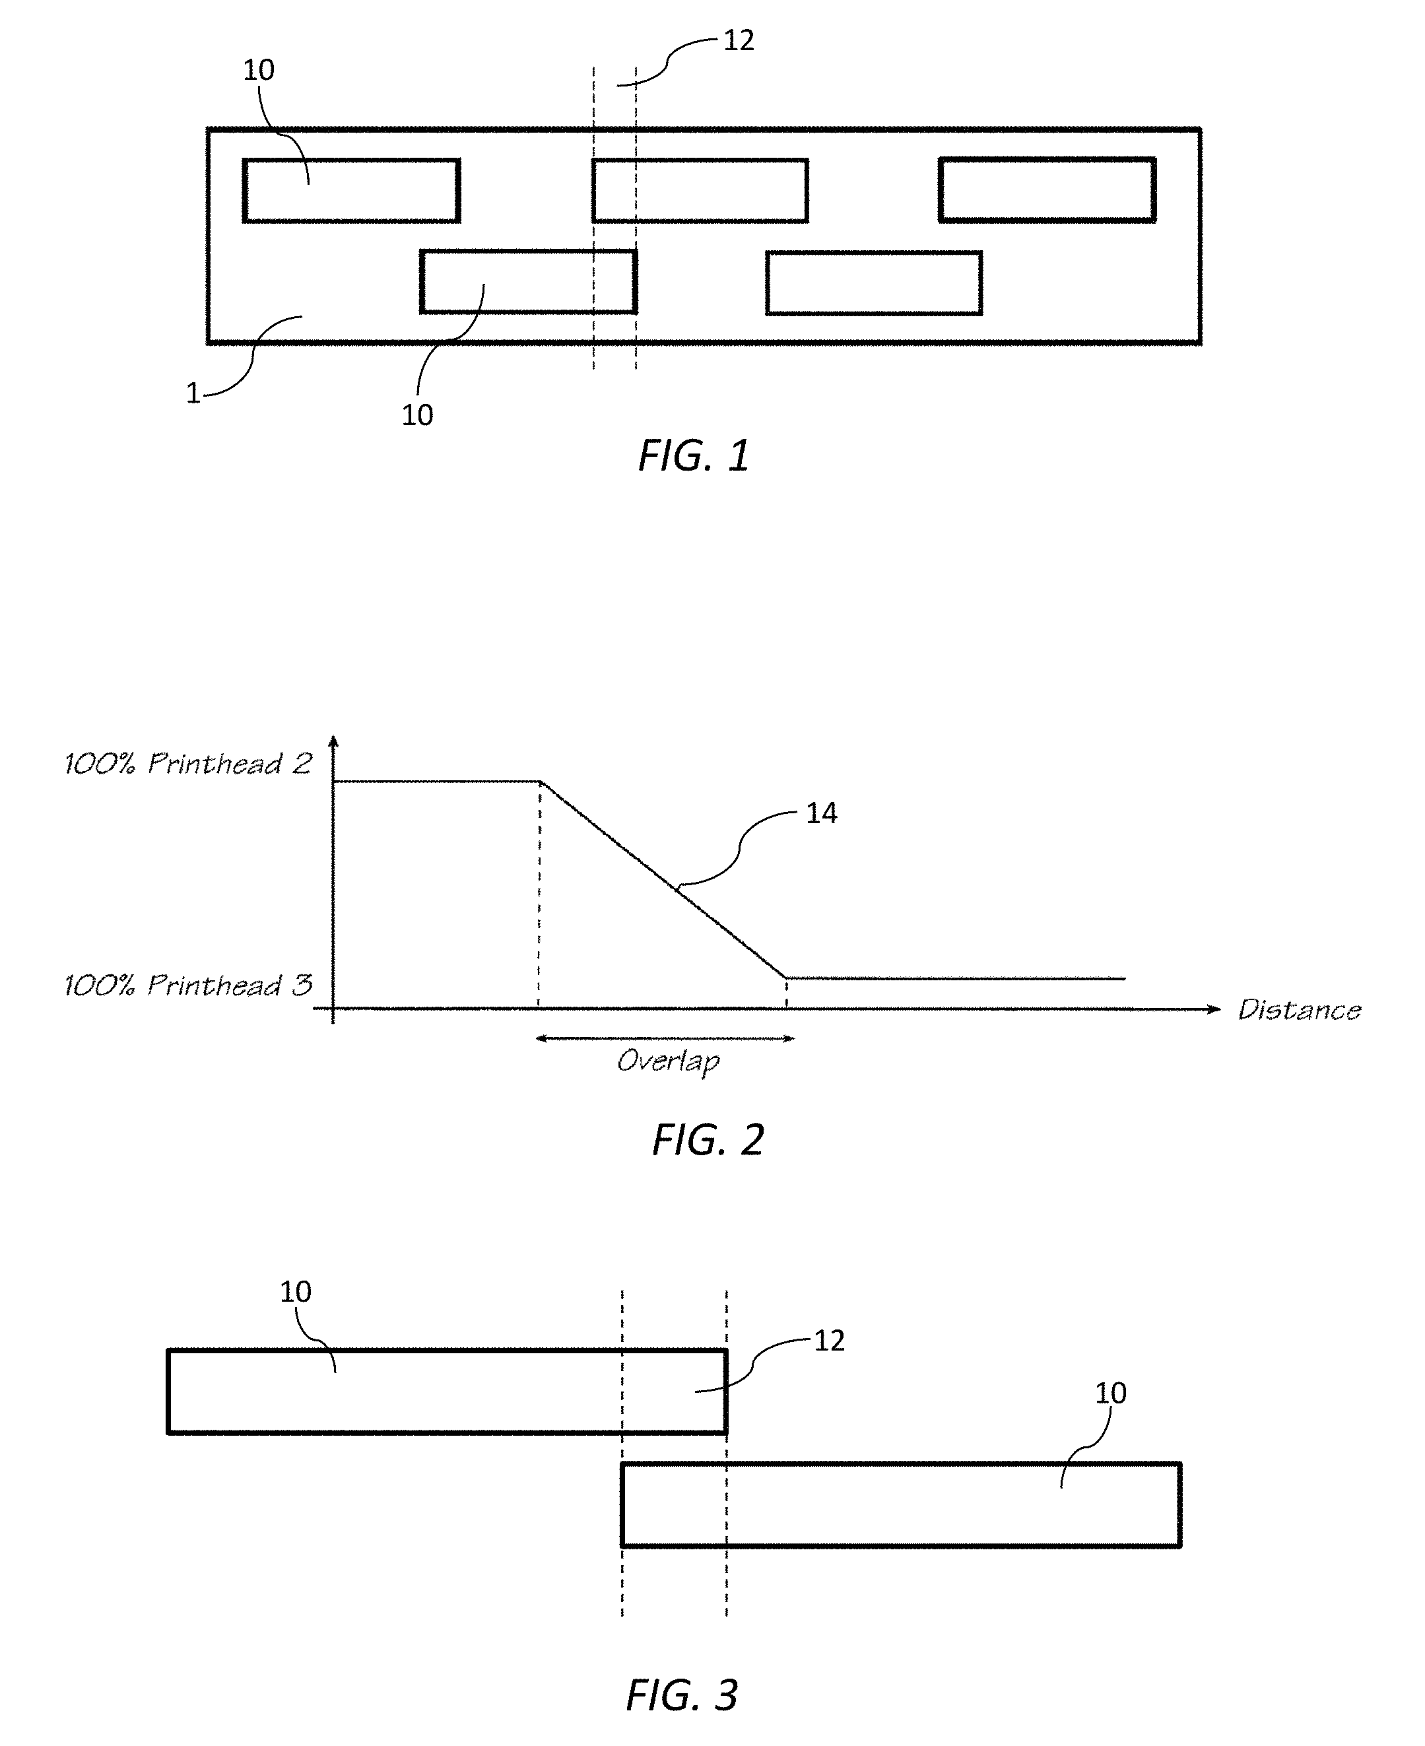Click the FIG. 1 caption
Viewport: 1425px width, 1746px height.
click(x=694, y=455)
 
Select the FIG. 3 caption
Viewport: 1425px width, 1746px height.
click(x=682, y=1695)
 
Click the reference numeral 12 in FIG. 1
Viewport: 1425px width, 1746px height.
click(x=739, y=40)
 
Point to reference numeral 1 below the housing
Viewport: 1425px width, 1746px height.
click(x=193, y=394)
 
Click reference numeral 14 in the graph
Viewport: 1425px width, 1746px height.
click(x=822, y=813)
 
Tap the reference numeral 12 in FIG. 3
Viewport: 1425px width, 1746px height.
click(x=829, y=1341)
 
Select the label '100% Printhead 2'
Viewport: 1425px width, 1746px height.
click(x=189, y=764)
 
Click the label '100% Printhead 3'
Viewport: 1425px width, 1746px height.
click(x=189, y=985)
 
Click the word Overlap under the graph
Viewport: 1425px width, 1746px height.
click(x=668, y=1062)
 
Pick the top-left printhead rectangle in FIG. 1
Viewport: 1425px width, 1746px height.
click(x=351, y=191)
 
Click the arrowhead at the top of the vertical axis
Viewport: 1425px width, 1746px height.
click(x=333, y=741)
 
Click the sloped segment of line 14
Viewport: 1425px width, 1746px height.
click(x=663, y=879)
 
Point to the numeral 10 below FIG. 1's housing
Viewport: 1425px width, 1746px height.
click(x=417, y=415)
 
